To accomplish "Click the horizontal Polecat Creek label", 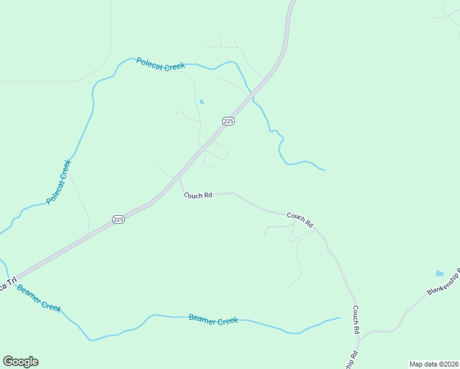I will coord(161,64).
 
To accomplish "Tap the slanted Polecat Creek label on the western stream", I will coord(59,182).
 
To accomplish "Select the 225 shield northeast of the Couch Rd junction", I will coord(228,121).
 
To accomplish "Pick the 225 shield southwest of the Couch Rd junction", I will coord(119,220).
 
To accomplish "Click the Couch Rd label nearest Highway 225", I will coord(198,195).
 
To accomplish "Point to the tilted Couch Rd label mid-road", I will coord(300,219).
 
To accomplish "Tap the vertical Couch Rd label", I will coord(355,320).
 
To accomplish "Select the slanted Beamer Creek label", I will coord(39,298).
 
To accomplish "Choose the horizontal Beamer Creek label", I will coord(213,320).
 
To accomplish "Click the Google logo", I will coord(20,362).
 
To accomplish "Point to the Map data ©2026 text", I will coord(434,364).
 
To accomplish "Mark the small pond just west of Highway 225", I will coord(201,101).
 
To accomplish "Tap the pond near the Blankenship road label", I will coord(439,273).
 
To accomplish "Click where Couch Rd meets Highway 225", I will coord(179,180).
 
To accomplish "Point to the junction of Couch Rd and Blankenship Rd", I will coord(360,339).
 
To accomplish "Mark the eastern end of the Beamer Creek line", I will coord(339,318).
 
